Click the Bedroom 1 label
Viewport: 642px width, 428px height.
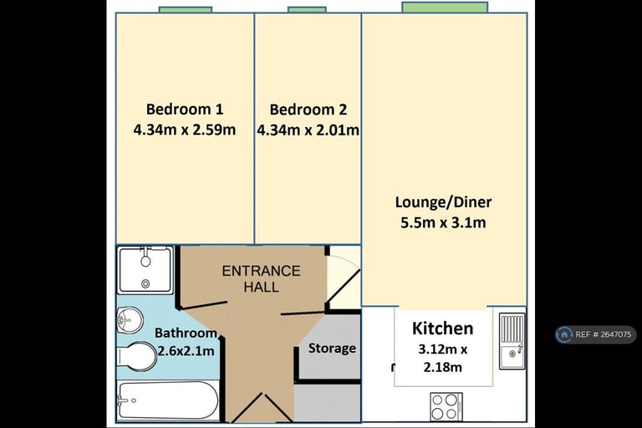coord(185,110)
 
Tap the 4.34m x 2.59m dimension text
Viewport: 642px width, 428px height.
coord(185,130)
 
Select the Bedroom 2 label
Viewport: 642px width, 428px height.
coord(308,110)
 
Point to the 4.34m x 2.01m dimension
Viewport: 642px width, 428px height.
coord(308,130)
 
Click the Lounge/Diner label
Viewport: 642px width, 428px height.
coord(443,202)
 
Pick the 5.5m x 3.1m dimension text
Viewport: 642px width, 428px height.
coord(443,223)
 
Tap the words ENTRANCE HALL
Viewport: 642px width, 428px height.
coord(261,279)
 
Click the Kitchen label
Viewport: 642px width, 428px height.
coord(442,329)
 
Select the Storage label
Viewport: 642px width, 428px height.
coord(332,348)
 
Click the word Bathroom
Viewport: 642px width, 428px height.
coord(186,333)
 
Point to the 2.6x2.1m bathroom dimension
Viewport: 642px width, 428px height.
coord(186,351)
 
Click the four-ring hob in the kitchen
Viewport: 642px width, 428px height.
coord(446,406)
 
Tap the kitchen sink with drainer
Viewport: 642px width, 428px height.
coord(512,341)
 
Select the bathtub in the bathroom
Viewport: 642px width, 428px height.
coord(168,400)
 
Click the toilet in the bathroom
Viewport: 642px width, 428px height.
coord(137,357)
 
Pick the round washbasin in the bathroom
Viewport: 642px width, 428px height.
coord(130,320)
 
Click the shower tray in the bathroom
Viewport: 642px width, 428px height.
coord(145,270)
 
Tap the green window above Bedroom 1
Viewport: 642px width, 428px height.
coord(185,9)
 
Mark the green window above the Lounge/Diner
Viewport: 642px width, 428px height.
coord(445,8)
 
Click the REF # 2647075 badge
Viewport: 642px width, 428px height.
coord(596,334)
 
